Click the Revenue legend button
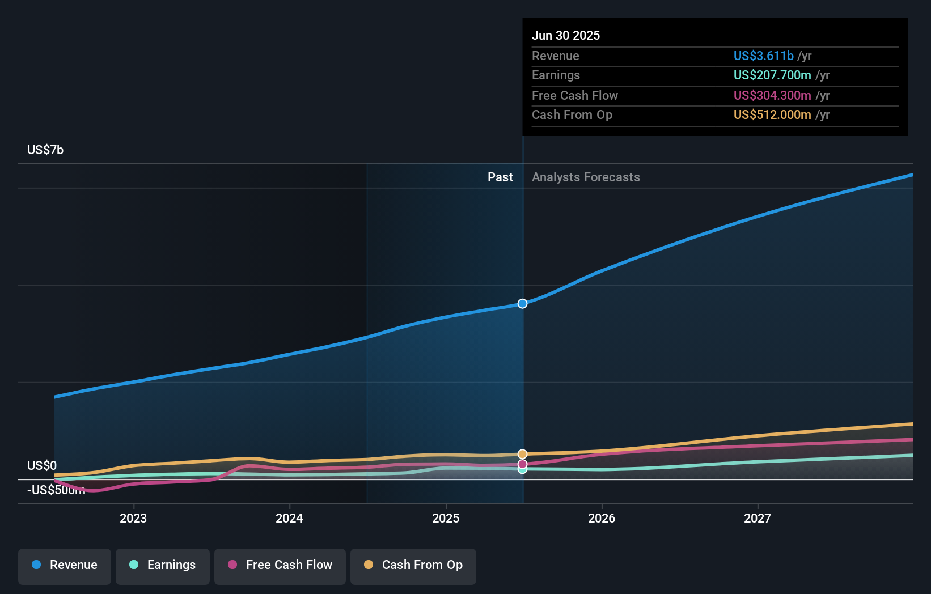[65, 566]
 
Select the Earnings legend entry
[163, 566]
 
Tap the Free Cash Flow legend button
[280, 566]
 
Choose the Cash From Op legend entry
[413, 566]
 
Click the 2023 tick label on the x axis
[133, 518]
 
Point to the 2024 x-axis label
[289, 518]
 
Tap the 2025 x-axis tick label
[446, 518]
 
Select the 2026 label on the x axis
[602, 518]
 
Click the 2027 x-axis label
[758, 518]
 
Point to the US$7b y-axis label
[45, 150]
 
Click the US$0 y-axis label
[42, 465]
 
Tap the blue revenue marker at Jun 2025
[522, 304]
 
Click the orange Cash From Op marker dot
[522, 454]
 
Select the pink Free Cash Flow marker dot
[522, 464]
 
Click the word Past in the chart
[500, 177]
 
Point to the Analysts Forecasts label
[586, 177]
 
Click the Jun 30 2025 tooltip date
[565, 35]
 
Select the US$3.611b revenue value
[763, 56]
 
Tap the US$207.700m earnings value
[772, 75]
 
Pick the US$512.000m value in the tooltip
[772, 115]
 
